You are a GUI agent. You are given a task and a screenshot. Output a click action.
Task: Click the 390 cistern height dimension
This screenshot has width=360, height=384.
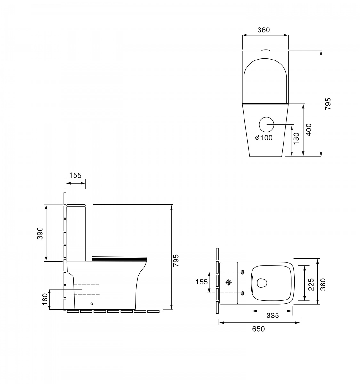(x=40, y=233)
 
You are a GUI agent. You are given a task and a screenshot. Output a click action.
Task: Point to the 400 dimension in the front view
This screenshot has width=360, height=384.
(x=309, y=130)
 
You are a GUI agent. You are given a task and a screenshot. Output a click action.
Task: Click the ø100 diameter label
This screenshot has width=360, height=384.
(x=264, y=138)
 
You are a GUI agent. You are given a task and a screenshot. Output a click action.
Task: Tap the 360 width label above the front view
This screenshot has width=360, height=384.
(x=263, y=30)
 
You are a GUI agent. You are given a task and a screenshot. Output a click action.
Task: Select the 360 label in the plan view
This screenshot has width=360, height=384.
(x=323, y=284)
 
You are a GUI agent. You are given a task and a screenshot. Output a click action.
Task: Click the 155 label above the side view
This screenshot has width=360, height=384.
(x=76, y=175)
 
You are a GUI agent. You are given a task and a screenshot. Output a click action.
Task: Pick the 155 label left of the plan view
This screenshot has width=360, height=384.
(x=202, y=282)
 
